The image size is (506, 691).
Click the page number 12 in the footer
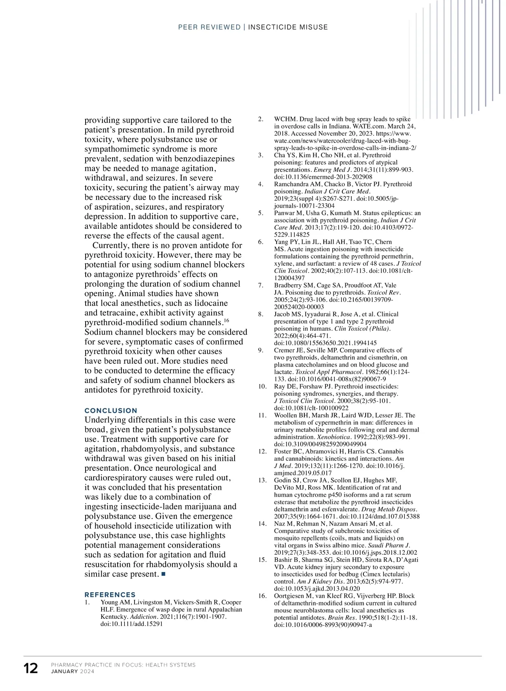(31, 668)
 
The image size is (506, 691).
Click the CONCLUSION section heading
(111, 410)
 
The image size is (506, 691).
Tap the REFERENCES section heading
(110, 594)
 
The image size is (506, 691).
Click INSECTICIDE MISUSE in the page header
(288, 27)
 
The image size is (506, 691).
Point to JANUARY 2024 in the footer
(73, 672)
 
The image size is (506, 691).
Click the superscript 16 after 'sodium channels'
(226, 321)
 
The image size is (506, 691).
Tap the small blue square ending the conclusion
(164, 574)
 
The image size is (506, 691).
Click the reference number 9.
(261, 350)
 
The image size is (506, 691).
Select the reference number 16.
(262, 596)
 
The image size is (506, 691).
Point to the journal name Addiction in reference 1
(143, 617)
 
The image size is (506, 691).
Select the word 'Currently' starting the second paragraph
(111, 245)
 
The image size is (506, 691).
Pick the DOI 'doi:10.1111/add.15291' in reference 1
(132, 624)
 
